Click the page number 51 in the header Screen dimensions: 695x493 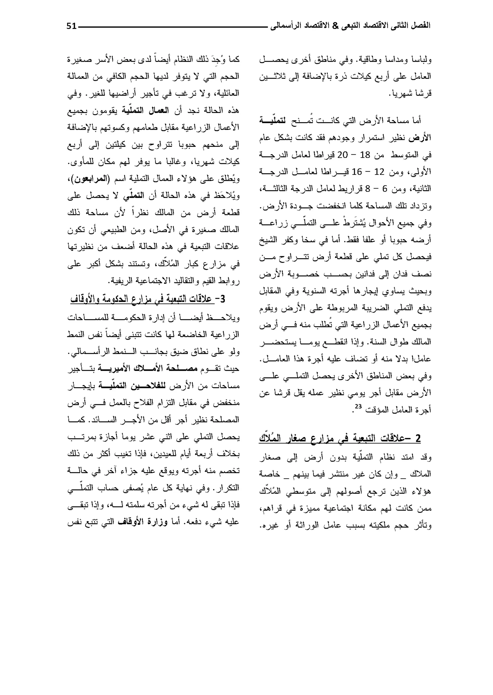coord(72,26)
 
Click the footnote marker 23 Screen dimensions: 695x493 coord(358,406)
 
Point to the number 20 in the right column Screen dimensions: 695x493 coord(343,155)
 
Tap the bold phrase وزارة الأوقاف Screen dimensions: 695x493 coord(143,522)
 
